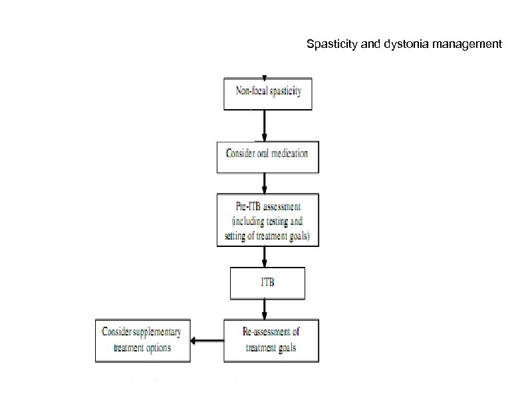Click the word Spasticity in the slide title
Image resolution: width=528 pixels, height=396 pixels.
coord(329,45)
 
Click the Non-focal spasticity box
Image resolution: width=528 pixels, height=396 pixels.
coord(267,92)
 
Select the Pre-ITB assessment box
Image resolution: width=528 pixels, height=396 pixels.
coord(267,220)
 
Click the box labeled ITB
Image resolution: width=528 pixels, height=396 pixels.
coord(267,283)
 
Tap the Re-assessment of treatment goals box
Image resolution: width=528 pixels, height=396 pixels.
coord(271,340)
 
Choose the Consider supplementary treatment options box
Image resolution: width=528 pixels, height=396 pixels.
coord(142,340)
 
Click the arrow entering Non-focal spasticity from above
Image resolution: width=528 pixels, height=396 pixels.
coord(265,76)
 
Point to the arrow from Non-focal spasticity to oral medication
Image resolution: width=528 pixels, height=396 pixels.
coord(265,124)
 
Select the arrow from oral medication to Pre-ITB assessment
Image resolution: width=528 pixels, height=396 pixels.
coord(265,183)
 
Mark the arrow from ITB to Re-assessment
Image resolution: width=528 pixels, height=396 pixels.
coord(265,309)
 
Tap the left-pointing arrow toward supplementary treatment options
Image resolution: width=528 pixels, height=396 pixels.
coord(207,341)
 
